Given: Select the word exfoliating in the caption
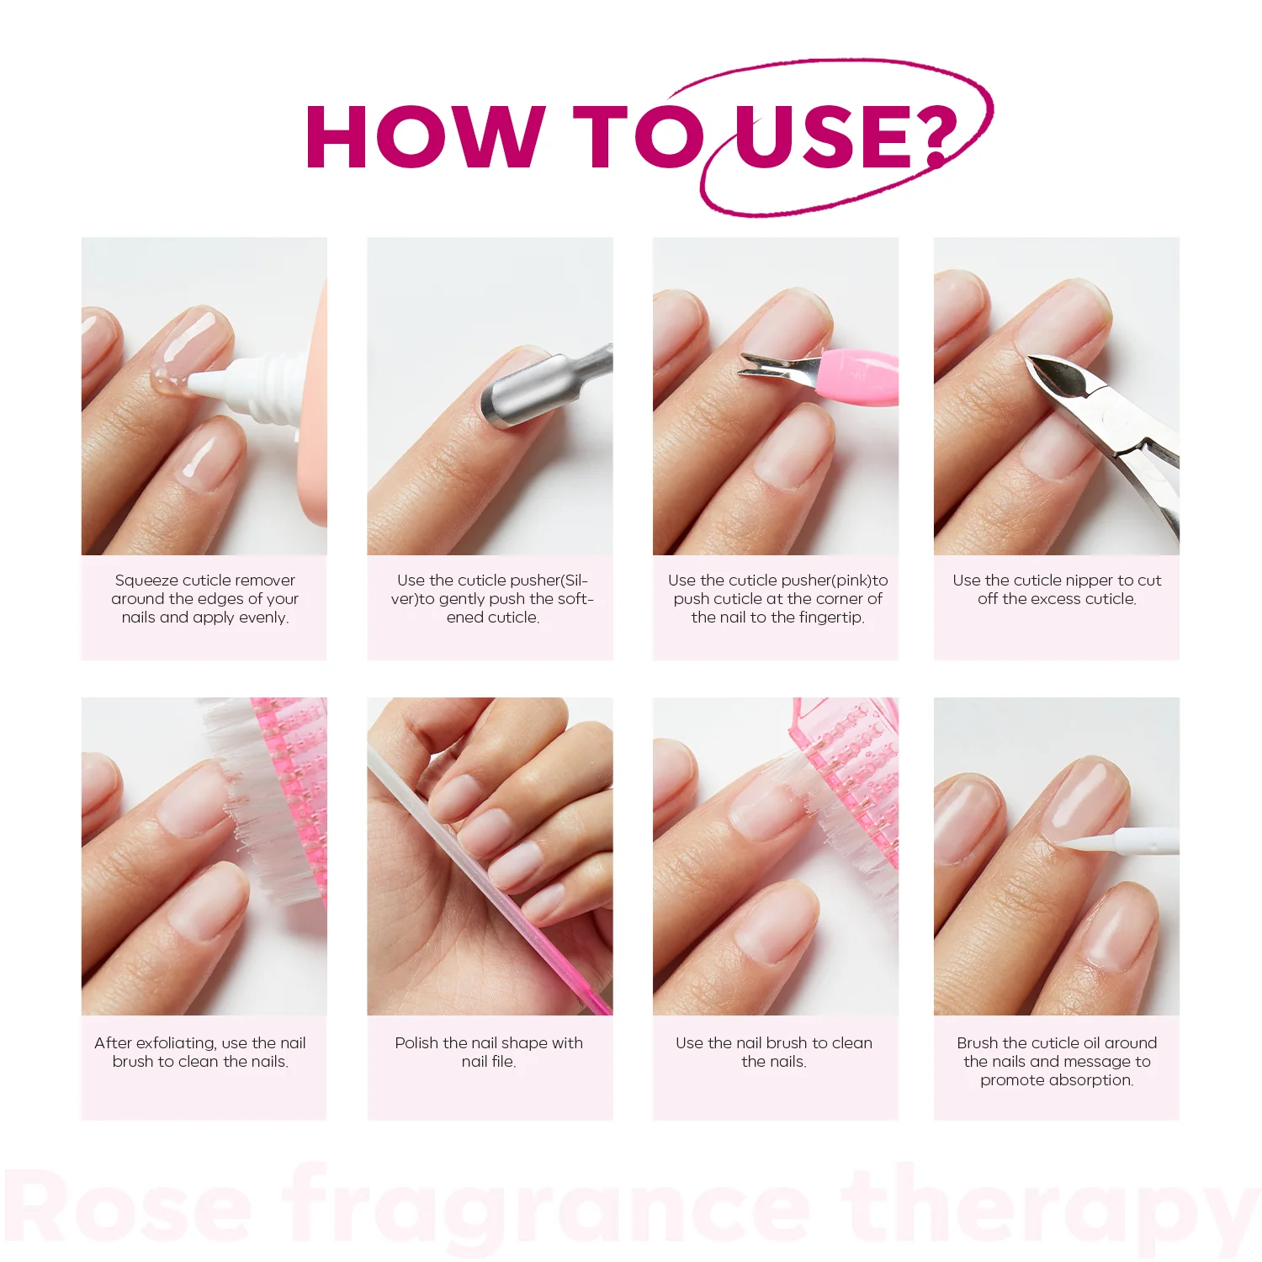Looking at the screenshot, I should [x=176, y=1043].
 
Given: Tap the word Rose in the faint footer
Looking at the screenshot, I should [x=130, y=1207].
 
